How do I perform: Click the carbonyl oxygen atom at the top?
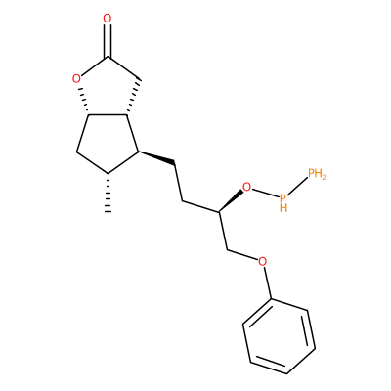[108, 19]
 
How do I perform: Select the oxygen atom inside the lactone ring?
[76, 79]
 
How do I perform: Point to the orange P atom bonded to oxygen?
[283, 197]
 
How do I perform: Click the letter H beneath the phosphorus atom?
[283, 208]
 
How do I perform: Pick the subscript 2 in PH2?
[323, 177]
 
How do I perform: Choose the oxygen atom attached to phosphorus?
[247, 188]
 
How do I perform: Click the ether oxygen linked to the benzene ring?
[262, 261]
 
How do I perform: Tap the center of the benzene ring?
[279, 336]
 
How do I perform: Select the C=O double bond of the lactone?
[108, 41]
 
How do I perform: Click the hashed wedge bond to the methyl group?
[108, 193]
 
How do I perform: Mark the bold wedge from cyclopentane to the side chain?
[157, 156]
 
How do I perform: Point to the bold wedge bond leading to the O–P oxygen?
[231, 201]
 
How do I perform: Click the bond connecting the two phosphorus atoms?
[297, 186]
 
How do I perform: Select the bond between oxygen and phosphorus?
[265, 193]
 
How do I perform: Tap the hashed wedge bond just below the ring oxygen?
[84, 100]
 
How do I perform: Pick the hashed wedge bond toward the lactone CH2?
[134, 97]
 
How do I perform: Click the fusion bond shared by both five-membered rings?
[108, 114]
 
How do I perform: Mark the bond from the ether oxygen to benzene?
[267, 282]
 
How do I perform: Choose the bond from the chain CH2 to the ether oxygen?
[241, 255]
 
